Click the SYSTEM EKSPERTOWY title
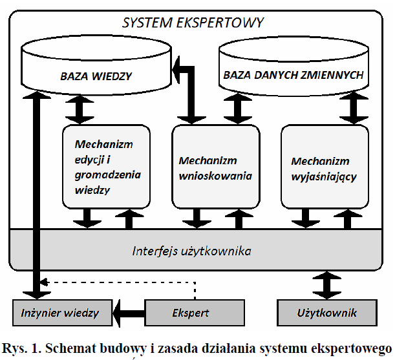(193, 23)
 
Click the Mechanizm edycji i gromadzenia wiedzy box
(107, 167)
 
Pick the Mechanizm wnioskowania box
(215, 167)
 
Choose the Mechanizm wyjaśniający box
(324, 167)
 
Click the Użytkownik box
(327, 313)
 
